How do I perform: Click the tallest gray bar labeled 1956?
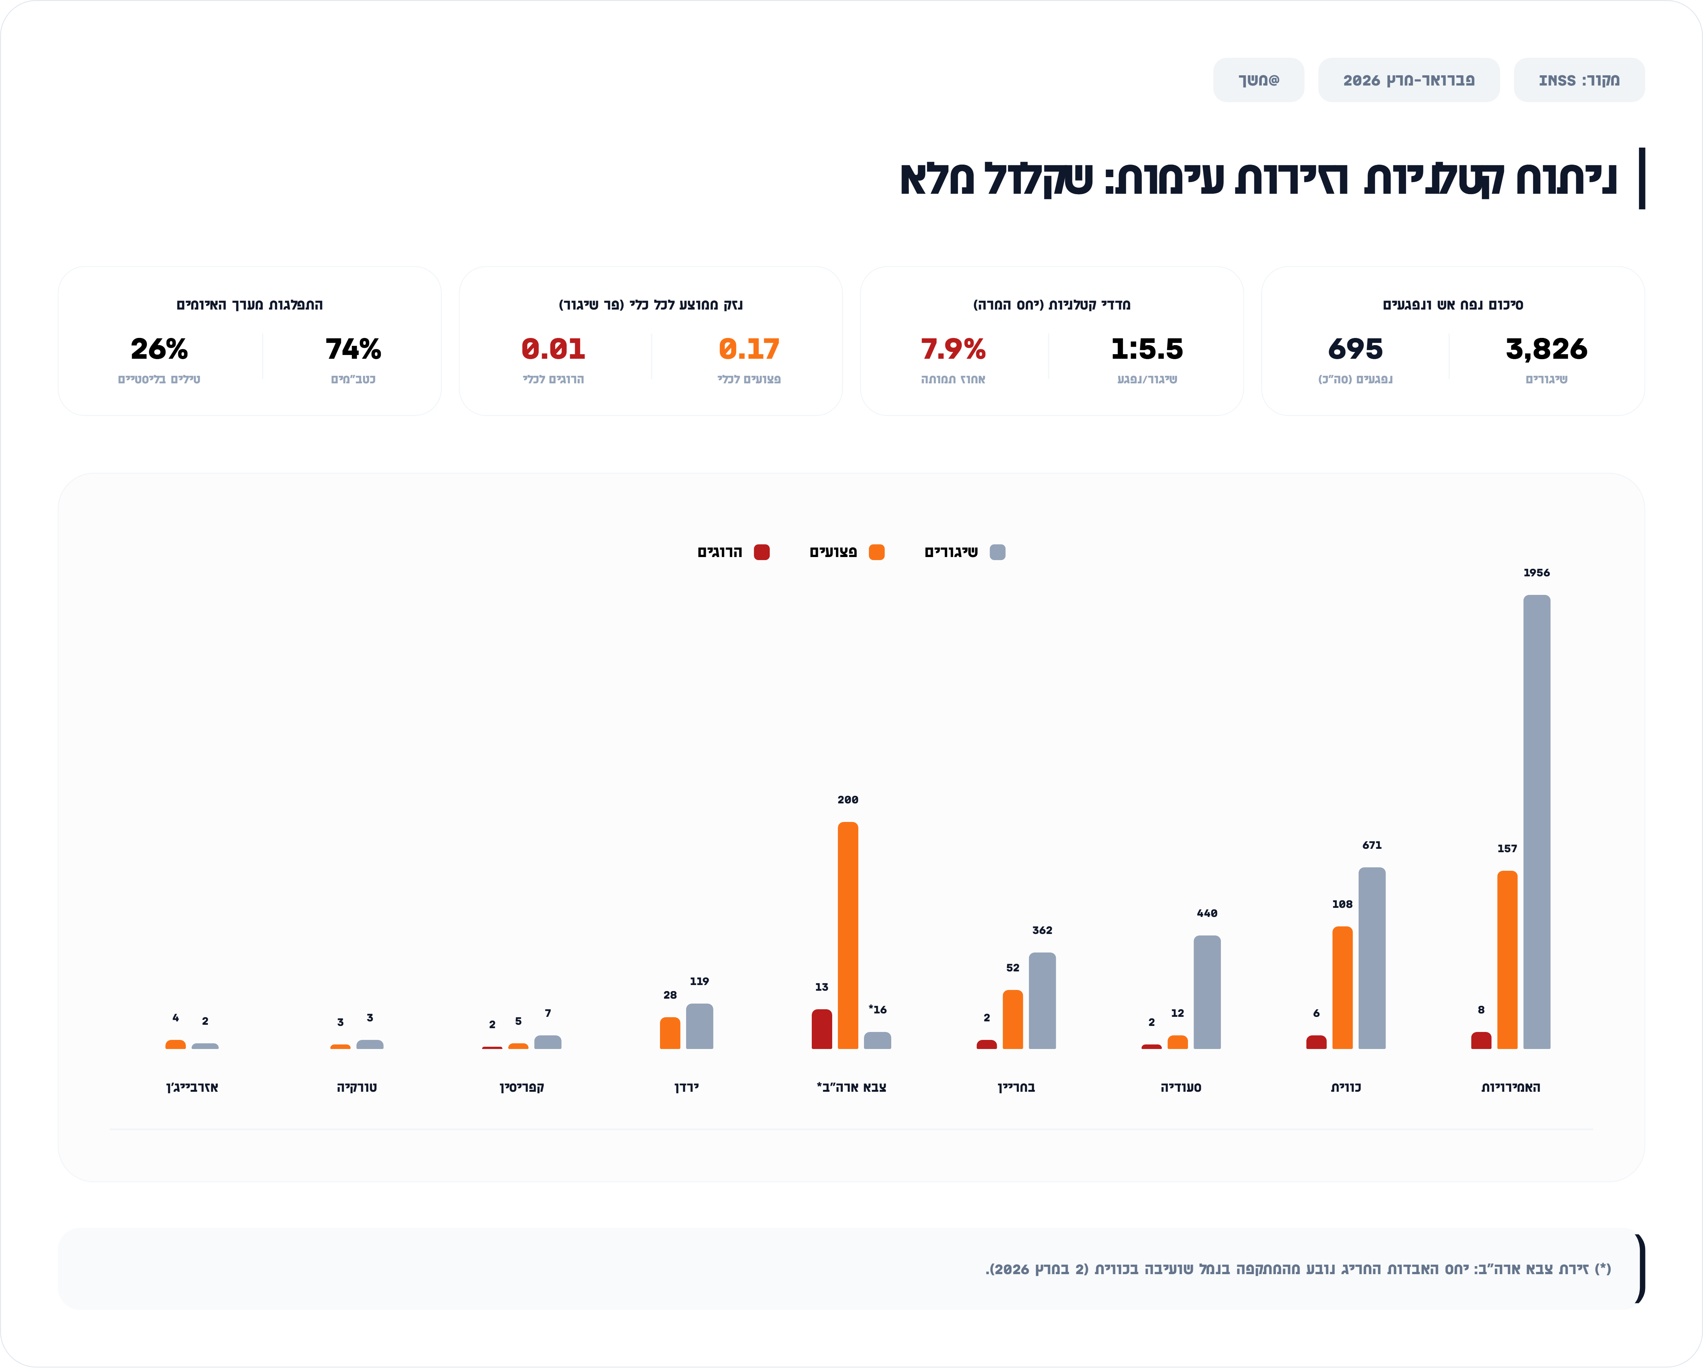point(1536,822)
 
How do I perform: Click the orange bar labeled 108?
point(1342,987)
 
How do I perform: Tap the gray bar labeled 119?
point(699,1026)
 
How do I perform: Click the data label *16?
point(878,1009)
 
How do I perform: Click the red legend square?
point(761,552)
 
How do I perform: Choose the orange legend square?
point(876,552)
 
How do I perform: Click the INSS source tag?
point(1578,80)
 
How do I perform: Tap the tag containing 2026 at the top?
point(1408,80)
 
